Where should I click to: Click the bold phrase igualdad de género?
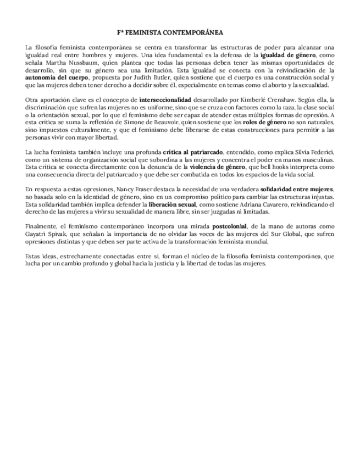(284, 56)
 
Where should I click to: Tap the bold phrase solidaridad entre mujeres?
(297, 189)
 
